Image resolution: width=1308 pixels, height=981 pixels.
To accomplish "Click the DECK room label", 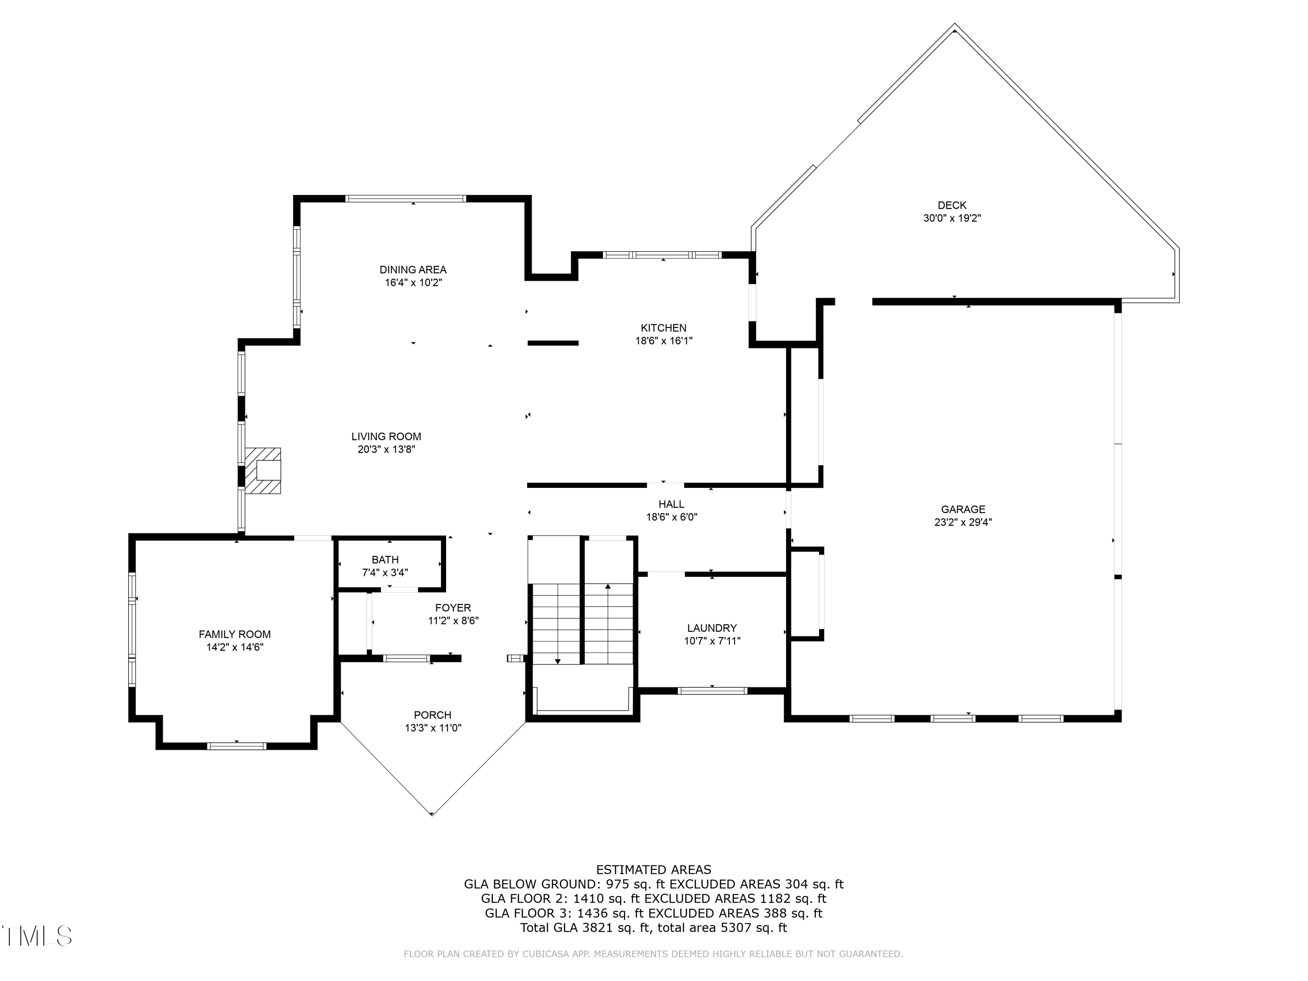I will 951,205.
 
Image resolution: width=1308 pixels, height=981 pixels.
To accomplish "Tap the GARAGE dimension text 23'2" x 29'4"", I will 963,522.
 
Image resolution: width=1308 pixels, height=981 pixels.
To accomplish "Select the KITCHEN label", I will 664,327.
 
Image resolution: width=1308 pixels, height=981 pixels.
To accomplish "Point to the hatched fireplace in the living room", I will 263,470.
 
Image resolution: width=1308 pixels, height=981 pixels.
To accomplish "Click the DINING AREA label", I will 413,269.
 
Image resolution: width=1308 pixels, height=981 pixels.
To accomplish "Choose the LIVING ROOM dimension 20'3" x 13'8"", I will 386,450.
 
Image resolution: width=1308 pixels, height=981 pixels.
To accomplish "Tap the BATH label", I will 385,559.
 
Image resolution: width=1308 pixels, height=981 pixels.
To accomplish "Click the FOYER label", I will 453,608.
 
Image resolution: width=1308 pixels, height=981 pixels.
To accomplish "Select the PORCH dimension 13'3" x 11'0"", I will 433,728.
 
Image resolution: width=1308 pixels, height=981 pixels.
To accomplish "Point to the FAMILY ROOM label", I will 235,634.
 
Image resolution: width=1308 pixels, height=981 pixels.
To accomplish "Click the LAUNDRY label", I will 712,628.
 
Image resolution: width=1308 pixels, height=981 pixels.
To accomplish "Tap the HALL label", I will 671,504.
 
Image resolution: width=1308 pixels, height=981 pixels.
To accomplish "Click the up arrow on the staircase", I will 608,586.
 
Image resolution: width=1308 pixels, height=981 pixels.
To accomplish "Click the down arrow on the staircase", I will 557,661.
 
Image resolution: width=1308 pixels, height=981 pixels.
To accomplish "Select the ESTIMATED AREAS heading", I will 654,870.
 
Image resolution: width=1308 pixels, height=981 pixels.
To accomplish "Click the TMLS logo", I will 37,936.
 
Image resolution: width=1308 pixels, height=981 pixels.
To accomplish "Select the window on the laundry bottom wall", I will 712,691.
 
